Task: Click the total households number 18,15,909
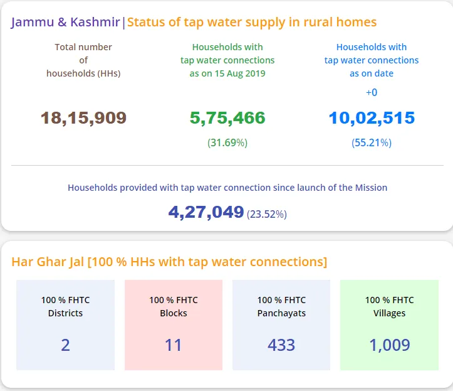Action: coord(83,118)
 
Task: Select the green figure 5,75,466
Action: coord(227,118)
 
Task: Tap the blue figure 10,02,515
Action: coord(372,118)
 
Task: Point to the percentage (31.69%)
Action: coord(227,143)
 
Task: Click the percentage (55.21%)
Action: coord(372,143)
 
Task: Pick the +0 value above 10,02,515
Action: coord(372,93)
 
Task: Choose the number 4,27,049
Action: coord(206,212)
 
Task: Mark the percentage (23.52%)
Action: coord(267,214)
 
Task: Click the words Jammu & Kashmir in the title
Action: coord(66,23)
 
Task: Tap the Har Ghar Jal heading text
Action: coord(169,262)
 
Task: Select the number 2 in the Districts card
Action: coord(66,345)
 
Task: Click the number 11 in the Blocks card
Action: coord(174,345)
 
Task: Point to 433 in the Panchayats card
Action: coord(281,345)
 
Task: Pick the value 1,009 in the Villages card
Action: coord(390,345)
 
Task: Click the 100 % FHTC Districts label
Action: coord(66,306)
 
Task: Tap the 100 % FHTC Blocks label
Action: coord(174,306)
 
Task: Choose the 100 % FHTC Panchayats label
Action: coord(281,306)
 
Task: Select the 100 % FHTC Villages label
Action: coord(390,306)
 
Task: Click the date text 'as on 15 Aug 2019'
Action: coord(227,73)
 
